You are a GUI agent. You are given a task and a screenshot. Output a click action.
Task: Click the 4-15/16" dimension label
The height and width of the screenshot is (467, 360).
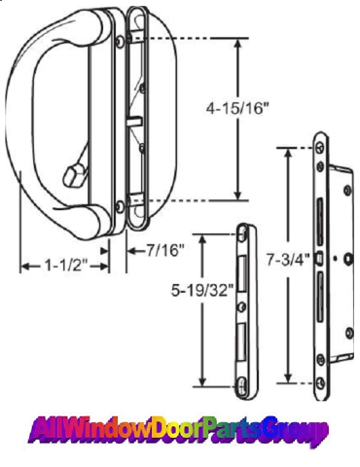click(x=238, y=108)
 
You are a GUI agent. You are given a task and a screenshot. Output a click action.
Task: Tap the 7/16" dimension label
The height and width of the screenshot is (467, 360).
click(x=165, y=250)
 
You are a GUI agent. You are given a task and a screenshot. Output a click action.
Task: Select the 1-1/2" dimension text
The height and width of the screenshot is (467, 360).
click(x=66, y=266)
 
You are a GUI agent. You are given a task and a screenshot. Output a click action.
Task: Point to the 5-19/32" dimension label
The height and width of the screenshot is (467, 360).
click(x=202, y=290)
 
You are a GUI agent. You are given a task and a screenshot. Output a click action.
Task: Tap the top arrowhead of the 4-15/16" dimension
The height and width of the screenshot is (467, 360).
click(x=237, y=44)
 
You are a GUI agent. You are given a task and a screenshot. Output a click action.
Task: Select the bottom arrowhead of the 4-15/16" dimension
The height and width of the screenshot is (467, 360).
click(x=237, y=195)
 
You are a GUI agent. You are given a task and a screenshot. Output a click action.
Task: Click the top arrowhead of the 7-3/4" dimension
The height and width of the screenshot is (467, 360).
click(x=288, y=154)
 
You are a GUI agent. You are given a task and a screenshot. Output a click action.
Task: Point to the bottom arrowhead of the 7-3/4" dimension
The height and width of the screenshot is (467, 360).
click(x=288, y=377)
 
